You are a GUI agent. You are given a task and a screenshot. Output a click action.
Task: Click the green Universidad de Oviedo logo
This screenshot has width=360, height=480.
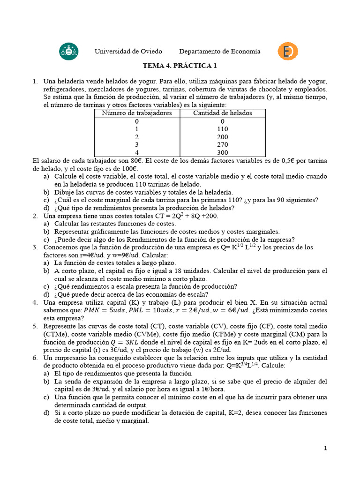pos(69,52)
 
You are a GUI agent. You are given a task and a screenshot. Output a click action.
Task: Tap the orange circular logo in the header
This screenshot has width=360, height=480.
pos(286,52)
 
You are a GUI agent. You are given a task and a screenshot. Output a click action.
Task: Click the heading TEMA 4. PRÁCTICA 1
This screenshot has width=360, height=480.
pos(180,66)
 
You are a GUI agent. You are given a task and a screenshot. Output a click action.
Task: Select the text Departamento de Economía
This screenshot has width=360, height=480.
pos(219,52)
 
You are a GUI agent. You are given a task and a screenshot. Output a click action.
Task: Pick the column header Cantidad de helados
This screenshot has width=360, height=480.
pos(223,113)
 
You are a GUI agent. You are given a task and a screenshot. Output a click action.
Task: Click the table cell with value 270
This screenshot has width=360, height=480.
pos(223,145)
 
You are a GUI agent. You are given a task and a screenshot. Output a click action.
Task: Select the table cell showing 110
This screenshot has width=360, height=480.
pos(223,129)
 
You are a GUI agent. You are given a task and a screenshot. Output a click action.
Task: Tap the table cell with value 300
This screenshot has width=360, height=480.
pos(223,153)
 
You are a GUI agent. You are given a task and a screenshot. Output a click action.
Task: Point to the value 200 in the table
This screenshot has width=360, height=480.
pos(223,137)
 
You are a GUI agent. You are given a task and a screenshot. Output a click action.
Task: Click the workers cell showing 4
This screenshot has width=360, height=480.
pos(137,153)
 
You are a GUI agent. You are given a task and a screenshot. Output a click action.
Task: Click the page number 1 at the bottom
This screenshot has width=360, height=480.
pos(325,448)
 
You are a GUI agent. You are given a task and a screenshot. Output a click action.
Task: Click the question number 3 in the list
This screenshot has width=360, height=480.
pos(35,247)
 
